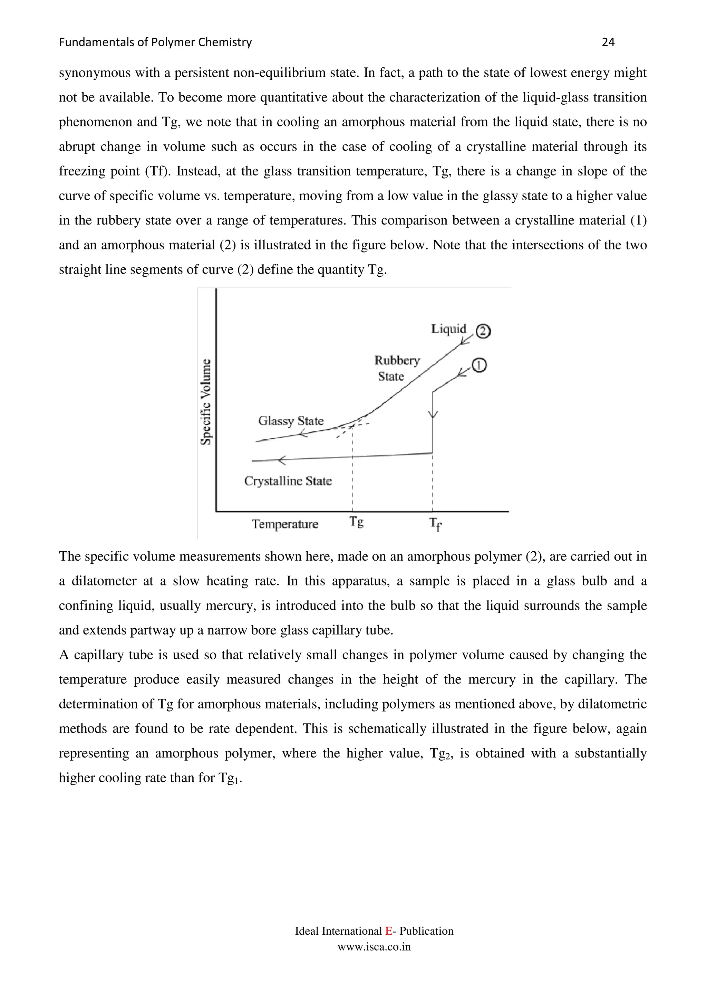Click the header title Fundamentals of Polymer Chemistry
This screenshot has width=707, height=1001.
pyautogui.click(x=155, y=42)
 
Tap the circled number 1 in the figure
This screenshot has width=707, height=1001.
pyautogui.click(x=479, y=365)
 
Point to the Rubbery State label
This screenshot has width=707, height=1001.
pyautogui.click(x=396, y=368)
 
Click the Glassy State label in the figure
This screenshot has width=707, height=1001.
pyautogui.click(x=291, y=421)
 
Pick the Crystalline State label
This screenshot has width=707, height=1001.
pyautogui.click(x=288, y=481)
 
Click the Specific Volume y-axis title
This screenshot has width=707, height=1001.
pyautogui.click(x=206, y=401)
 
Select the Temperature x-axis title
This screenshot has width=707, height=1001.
pyautogui.click(x=285, y=524)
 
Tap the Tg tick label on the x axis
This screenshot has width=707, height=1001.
pyautogui.click(x=356, y=522)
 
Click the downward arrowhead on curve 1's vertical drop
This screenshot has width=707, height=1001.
pyautogui.click(x=432, y=414)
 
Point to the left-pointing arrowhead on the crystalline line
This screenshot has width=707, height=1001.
pyautogui.click(x=282, y=460)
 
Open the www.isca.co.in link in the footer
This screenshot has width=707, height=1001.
pyautogui.click(x=374, y=946)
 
